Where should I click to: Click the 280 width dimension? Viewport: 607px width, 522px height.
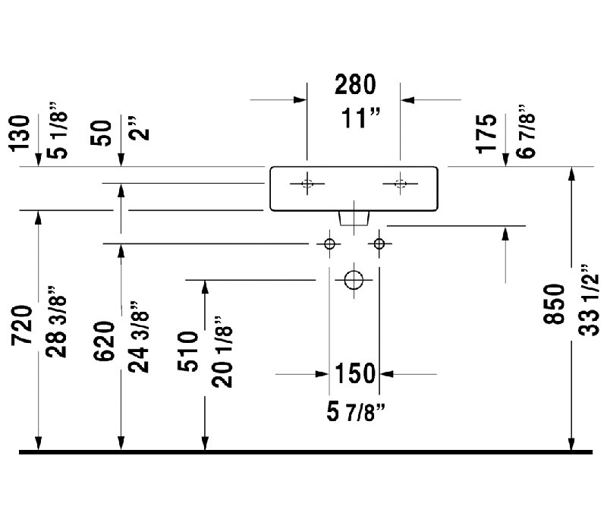click(355, 84)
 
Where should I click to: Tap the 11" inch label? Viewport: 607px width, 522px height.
click(360, 118)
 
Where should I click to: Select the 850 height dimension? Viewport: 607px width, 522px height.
click(554, 304)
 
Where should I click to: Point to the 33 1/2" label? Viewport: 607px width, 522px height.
click(589, 300)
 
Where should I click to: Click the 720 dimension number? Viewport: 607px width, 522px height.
click(22, 325)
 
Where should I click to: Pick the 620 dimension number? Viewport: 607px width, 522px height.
click(104, 341)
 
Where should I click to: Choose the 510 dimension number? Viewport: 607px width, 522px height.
click(187, 351)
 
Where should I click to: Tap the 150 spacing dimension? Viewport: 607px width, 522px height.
click(355, 373)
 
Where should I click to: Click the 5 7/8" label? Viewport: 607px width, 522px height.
click(356, 411)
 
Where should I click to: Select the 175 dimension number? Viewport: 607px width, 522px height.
click(486, 134)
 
